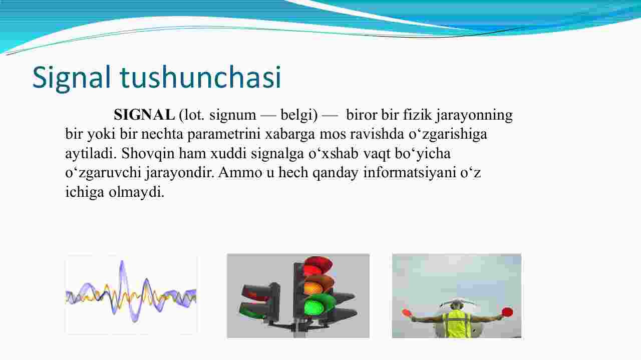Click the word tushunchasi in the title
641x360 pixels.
pos(201,77)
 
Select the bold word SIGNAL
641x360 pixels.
pos(144,115)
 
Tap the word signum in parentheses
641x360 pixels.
pos(233,116)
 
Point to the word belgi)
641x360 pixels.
pos(299,115)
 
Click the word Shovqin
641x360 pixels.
pos(148,154)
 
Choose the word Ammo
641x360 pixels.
pos(240,173)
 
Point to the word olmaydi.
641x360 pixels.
pos(137,192)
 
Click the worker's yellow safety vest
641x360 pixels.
pos(456,324)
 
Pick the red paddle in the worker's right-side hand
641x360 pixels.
pos(507,311)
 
